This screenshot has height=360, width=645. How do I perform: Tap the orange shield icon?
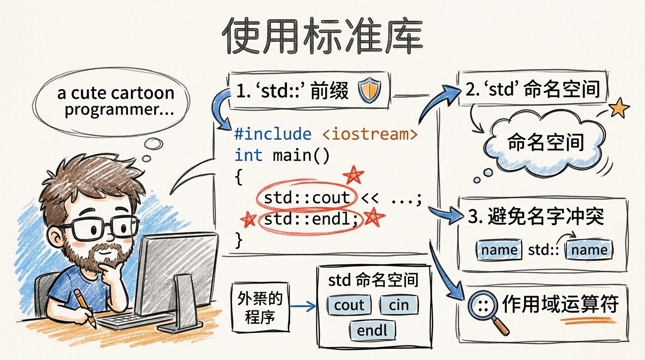point(370,90)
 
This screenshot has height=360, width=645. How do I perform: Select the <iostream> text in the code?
point(370,135)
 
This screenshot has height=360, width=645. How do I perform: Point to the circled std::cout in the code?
point(307,198)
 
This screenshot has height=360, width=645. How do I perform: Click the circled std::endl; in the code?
point(311,218)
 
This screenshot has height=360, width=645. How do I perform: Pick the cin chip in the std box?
point(398,305)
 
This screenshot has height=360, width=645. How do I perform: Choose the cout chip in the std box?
point(349,305)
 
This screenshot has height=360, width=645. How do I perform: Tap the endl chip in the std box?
point(372,330)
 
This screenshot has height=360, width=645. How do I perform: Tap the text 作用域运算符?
point(560,305)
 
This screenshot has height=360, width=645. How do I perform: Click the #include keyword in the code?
point(272,135)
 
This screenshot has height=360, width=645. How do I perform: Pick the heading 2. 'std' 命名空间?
point(533,89)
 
